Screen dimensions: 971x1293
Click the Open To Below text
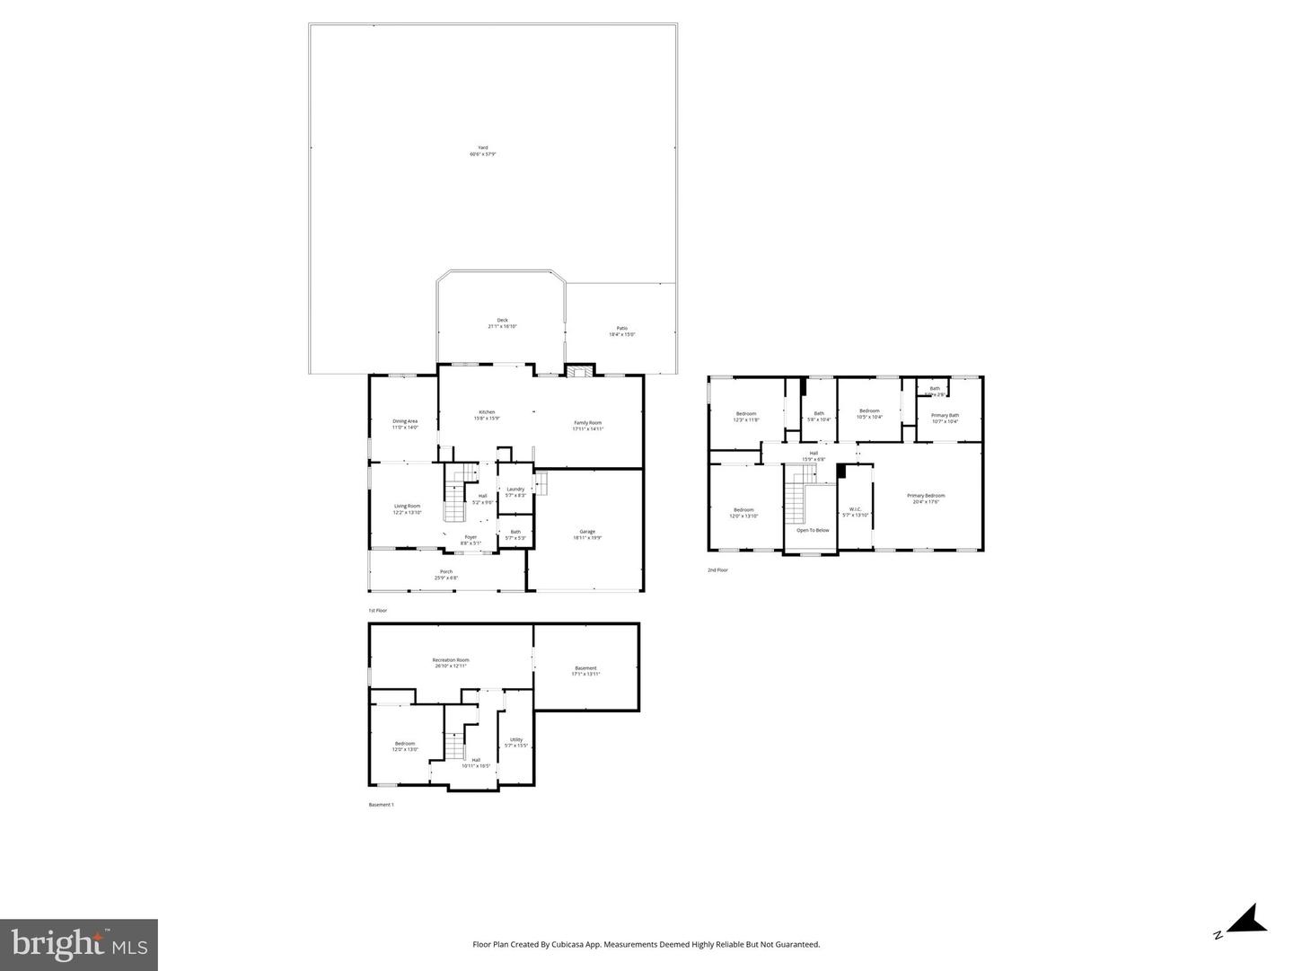click(813, 530)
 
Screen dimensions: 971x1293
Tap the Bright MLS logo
click(79, 944)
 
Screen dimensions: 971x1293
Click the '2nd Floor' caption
click(717, 570)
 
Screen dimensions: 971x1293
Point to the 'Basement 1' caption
click(381, 805)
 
